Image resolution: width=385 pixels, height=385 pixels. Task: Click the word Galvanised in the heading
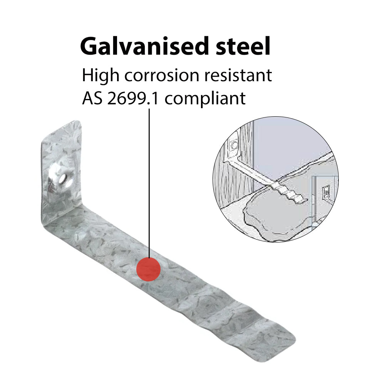tap(144, 46)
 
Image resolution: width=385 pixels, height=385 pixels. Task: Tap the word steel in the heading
tap(243, 46)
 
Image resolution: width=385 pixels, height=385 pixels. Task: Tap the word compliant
tap(205, 99)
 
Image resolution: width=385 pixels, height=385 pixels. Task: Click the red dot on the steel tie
tap(149, 269)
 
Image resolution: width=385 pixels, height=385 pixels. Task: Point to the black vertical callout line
tap(149, 183)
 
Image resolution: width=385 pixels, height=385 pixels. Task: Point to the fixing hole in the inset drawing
tap(234, 145)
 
